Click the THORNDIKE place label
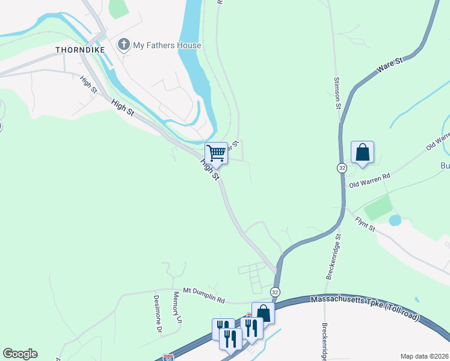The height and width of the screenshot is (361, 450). click(80, 49)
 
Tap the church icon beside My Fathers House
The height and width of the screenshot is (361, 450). click(124, 45)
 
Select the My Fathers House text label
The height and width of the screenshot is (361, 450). click(167, 45)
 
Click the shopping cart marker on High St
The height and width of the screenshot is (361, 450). click(216, 153)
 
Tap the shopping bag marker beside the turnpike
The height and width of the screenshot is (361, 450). click(263, 313)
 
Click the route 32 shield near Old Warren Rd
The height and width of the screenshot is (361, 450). click(342, 168)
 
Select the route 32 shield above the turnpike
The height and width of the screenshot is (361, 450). click(275, 291)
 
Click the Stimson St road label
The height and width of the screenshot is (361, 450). click(337, 93)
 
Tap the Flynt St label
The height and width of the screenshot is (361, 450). click(365, 225)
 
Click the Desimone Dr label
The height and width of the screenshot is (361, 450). click(158, 313)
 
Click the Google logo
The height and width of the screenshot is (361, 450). click(20, 354)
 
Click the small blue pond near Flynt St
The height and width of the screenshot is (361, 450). click(395, 220)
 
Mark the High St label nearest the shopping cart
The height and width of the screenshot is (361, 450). click(210, 171)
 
